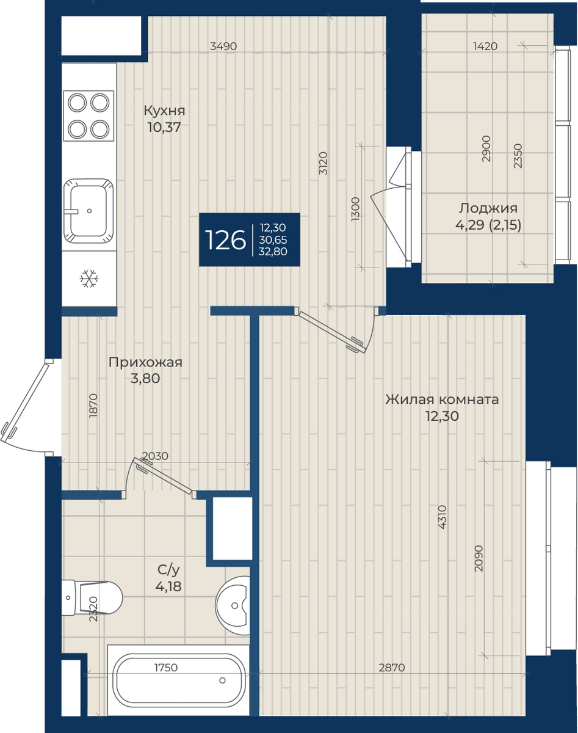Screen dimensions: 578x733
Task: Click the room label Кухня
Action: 164,111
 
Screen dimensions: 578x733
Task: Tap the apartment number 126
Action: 225,240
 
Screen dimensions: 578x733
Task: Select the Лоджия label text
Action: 488,208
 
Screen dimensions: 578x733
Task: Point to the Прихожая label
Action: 145,362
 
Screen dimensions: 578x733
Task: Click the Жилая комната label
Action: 442,399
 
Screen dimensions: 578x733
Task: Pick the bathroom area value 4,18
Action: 168,586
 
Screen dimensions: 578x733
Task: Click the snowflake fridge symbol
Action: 89,279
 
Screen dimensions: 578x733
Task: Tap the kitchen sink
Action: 89,211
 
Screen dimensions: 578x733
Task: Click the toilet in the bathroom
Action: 92,597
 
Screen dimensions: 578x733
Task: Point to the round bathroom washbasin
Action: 233,605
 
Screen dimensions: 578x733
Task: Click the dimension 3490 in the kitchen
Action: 223,46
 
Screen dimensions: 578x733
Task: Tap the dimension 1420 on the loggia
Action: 485,46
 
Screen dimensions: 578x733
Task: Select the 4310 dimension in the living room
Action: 441,517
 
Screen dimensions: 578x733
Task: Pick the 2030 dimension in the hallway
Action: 155,456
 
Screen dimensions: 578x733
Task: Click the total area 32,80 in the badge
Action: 273,252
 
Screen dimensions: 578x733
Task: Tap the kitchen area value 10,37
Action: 164,128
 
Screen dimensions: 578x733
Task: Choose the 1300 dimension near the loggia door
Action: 355,209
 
